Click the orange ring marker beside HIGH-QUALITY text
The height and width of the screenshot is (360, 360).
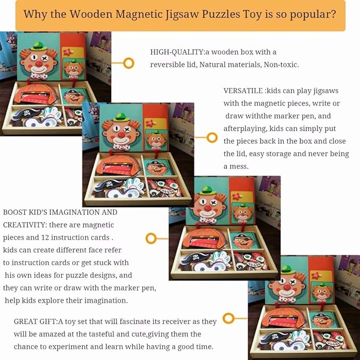(x=128, y=64)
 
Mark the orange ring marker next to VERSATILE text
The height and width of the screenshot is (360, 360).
(x=212, y=137)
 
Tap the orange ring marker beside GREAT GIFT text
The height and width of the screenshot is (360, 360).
(x=229, y=319)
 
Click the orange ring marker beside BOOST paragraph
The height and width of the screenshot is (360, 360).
(x=151, y=238)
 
